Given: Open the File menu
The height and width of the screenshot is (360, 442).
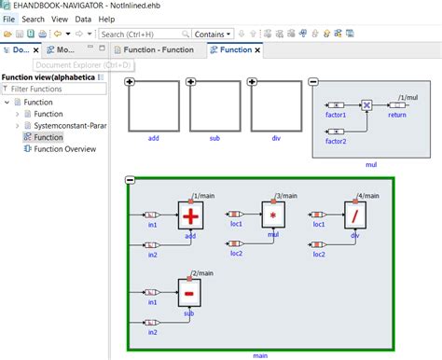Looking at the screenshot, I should point(8,19).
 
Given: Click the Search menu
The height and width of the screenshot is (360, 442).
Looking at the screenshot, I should point(33,19).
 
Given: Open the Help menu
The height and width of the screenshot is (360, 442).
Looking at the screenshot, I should point(106,19).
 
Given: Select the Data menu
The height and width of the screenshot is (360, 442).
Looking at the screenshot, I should point(83,19).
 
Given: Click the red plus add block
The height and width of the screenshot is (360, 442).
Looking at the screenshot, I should point(190,216).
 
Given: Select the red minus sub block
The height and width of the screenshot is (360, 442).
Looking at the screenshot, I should point(190,294).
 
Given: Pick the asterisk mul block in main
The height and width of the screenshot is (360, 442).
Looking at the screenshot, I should point(273,216).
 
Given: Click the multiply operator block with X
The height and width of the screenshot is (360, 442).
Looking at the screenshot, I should point(367,105).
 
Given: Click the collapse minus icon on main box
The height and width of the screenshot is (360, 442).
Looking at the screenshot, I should point(130,180).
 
